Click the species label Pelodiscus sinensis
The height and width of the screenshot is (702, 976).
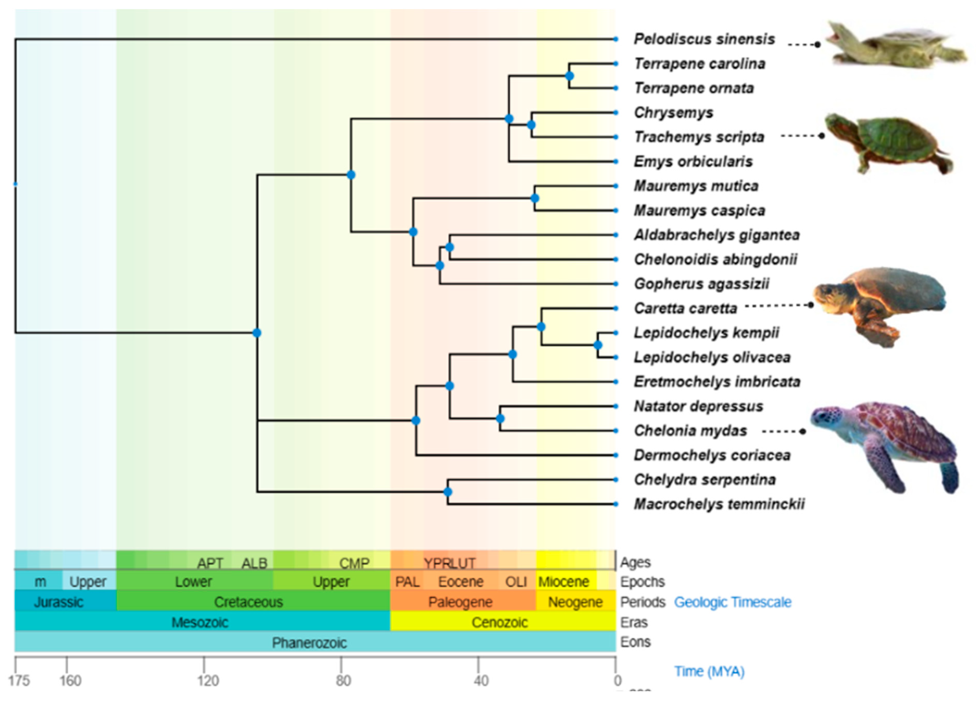click(x=704, y=39)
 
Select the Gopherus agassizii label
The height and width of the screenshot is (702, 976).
click(x=702, y=284)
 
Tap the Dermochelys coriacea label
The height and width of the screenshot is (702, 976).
click(x=712, y=455)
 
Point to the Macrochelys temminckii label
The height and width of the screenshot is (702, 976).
click(x=719, y=504)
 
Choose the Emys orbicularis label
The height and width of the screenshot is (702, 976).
click(x=693, y=161)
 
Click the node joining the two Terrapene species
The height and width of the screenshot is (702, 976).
click(x=569, y=76)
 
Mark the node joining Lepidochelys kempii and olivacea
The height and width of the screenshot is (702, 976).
click(x=598, y=345)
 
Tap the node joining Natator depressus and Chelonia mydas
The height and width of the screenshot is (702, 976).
click(x=500, y=418)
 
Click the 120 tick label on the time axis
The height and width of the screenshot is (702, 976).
click(x=208, y=681)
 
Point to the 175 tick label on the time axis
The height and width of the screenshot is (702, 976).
click(x=19, y=681)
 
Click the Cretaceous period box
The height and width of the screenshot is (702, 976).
click(x=249, y=602)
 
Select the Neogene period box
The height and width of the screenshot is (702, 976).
click(x=575, y=602)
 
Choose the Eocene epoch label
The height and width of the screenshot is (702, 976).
click(x=460, y=582)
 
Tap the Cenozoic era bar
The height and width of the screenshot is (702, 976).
click(x=499, y=622)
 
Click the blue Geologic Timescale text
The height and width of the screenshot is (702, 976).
click(x=732, y=602)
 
